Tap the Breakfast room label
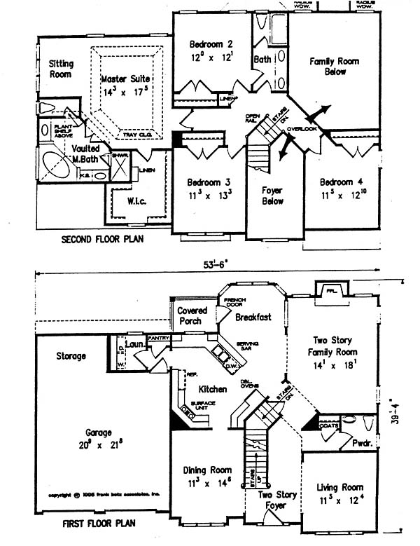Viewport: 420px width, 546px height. (253, 318)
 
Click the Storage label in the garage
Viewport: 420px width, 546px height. (71, 357)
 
